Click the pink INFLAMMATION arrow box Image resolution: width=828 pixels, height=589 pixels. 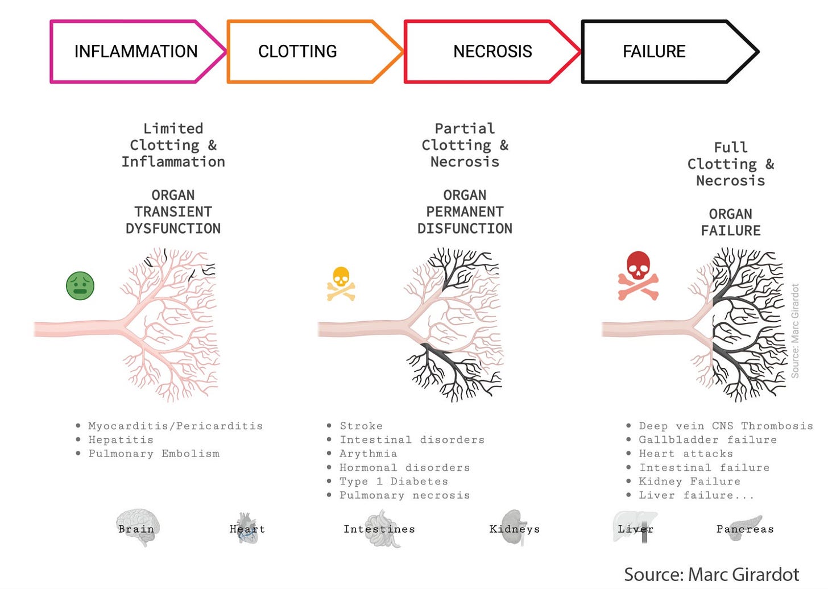(135, 52)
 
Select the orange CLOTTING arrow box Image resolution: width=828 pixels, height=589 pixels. (298, 52)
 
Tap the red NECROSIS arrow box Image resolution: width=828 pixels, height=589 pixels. (492, 52)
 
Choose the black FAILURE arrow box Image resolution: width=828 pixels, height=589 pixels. (654, 52)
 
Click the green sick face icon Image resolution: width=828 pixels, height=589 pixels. (80, 285)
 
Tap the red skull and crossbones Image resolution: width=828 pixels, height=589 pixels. (639, 276)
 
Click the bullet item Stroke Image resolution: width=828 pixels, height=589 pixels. (361, 426)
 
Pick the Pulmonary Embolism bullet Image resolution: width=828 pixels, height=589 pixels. (154, 454)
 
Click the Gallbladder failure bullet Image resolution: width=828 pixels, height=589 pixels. (707, 439)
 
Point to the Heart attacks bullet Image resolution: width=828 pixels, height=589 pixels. (686, 454)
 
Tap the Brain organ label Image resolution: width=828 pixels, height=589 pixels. (136, 529)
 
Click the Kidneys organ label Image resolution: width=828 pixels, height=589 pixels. (515, 529)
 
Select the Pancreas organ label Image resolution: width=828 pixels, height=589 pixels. (745, 529)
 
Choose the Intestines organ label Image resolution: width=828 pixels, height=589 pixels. (379, 529)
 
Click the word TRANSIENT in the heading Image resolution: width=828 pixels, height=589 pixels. (173, 212)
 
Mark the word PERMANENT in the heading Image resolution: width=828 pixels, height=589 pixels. (465, 212)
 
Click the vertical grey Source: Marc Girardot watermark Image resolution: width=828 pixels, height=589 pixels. (795, 331)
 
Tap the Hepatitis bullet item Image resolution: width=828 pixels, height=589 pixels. (121, 439)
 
